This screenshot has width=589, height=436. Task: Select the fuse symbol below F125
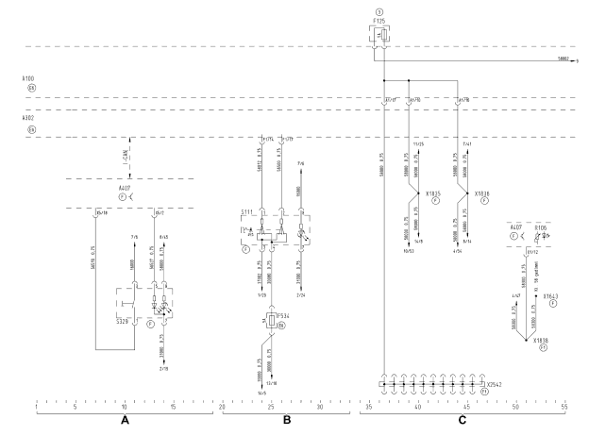pos(383,35)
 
